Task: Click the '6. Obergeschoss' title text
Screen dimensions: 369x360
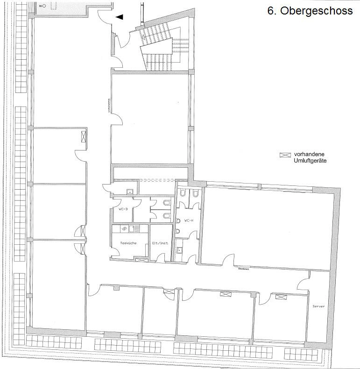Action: [x=310, y=11]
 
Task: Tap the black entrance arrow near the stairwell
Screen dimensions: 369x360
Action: [x=120, y=17]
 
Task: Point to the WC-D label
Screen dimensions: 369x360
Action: [x=122, y=210]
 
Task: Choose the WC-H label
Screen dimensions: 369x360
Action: [x=189, y=220]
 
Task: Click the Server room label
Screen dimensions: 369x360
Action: [x=318, y=306]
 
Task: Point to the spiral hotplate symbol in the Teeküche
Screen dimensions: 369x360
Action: [x=125, y=228]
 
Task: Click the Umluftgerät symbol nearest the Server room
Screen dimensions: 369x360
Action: [x=281, y=297]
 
